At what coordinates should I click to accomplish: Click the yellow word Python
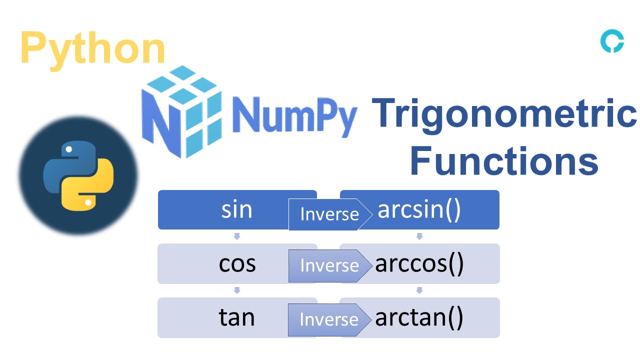coord(93,48)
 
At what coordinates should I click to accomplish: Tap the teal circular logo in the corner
coord(612,41)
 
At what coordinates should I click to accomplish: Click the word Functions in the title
coord(504,161)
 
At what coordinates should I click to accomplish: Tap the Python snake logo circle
coord(78,175)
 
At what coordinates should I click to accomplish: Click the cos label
coord(237,263)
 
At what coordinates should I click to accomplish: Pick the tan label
coord(236,317)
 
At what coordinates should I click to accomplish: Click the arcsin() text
coord(418,210)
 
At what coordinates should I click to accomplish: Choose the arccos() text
coord(419,263)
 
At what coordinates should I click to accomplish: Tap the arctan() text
coord(419,317)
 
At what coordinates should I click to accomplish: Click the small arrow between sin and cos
coord(237,236)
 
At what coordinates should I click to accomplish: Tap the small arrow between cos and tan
coord(237,290)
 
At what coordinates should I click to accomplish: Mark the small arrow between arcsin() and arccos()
coord(419,236)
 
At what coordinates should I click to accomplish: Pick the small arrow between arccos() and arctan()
coord(419,290)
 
